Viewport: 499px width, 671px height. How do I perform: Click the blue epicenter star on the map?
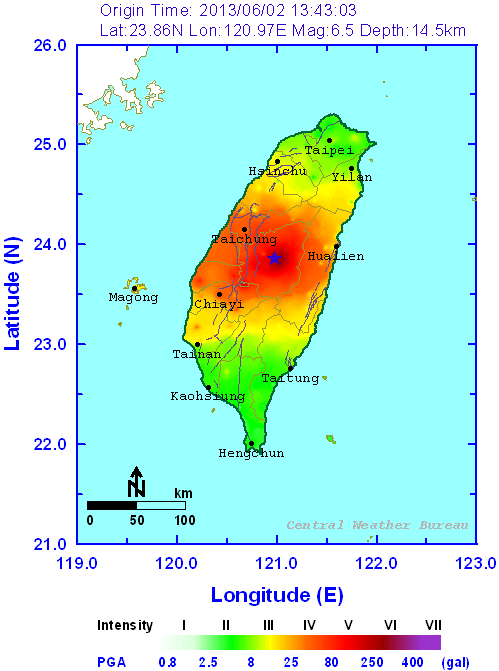[275, 258]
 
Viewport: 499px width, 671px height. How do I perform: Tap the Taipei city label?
[329, 150]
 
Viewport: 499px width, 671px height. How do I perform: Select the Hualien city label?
[335, 257]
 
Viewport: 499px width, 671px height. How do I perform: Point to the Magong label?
[133, 298]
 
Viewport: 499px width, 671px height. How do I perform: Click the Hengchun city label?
[251, 453]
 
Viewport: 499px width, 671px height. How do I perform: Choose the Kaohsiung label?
[207, 397]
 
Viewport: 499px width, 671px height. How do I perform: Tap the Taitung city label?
[290, 378]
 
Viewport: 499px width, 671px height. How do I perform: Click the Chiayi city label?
[218, 304]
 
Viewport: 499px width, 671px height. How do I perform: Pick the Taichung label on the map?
[243, 240]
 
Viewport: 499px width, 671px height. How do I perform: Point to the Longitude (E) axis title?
[276, 596]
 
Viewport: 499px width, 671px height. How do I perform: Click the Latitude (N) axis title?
[13, 295]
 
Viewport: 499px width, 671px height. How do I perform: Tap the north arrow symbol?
[137, 480]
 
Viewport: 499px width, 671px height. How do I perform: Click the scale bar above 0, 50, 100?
[136, 504]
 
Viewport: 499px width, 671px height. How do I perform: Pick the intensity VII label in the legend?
[433, 625]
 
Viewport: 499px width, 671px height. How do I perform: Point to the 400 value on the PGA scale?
[410, 661]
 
